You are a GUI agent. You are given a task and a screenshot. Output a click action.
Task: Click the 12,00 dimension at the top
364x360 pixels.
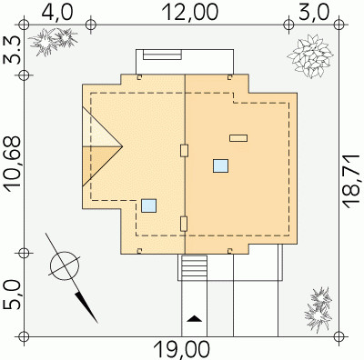(x=190, y=12)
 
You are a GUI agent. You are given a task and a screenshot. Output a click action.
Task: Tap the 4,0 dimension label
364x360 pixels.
(x=57, y=12)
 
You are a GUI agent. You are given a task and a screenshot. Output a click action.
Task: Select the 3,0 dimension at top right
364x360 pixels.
(x=314, y=12)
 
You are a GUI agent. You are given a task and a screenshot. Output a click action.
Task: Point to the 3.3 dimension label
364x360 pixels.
(x=12, y=50)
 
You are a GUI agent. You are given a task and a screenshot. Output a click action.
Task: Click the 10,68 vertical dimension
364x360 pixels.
(x=12, y=165)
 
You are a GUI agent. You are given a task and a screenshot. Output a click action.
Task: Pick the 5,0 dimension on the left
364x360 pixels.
(x=12, y=295)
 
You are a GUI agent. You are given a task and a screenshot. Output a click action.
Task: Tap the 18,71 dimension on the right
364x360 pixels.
(x=352, y=181)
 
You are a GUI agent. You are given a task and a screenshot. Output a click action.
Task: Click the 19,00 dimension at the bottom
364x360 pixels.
(x=182, y=349)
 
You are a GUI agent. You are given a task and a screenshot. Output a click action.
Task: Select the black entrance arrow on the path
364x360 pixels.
(x=194, y=318)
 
